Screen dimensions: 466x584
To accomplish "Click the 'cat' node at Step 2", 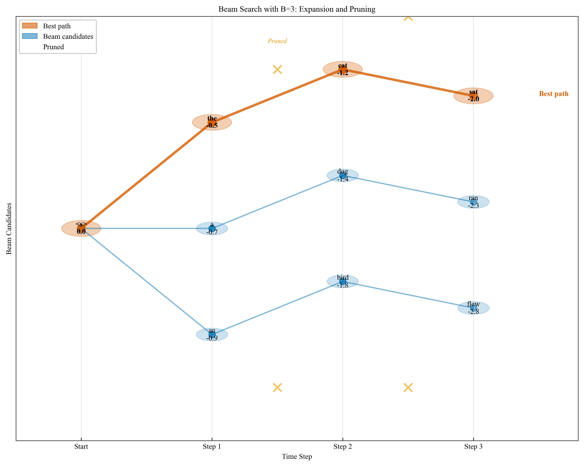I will point(343,69).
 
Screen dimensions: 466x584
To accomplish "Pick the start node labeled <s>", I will point(81,228).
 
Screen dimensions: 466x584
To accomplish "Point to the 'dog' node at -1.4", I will point(343,175).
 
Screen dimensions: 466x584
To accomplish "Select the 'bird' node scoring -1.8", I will point(343,281).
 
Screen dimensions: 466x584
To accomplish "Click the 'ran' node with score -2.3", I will point(473,202).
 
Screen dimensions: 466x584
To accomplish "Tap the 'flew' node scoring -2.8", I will point(473,308).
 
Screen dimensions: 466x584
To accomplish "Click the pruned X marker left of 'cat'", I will point(277,70).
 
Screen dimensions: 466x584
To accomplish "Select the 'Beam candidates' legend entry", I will point(68,36).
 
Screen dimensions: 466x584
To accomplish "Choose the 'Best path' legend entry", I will point(57,26).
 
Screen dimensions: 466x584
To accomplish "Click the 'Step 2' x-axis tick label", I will point(343,447).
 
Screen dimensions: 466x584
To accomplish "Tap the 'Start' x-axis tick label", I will point(81,447).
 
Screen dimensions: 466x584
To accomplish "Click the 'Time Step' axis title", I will point(297,457).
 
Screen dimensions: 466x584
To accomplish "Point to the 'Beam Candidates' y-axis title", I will point(9,228).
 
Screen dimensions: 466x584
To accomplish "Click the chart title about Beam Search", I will point(297,9).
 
